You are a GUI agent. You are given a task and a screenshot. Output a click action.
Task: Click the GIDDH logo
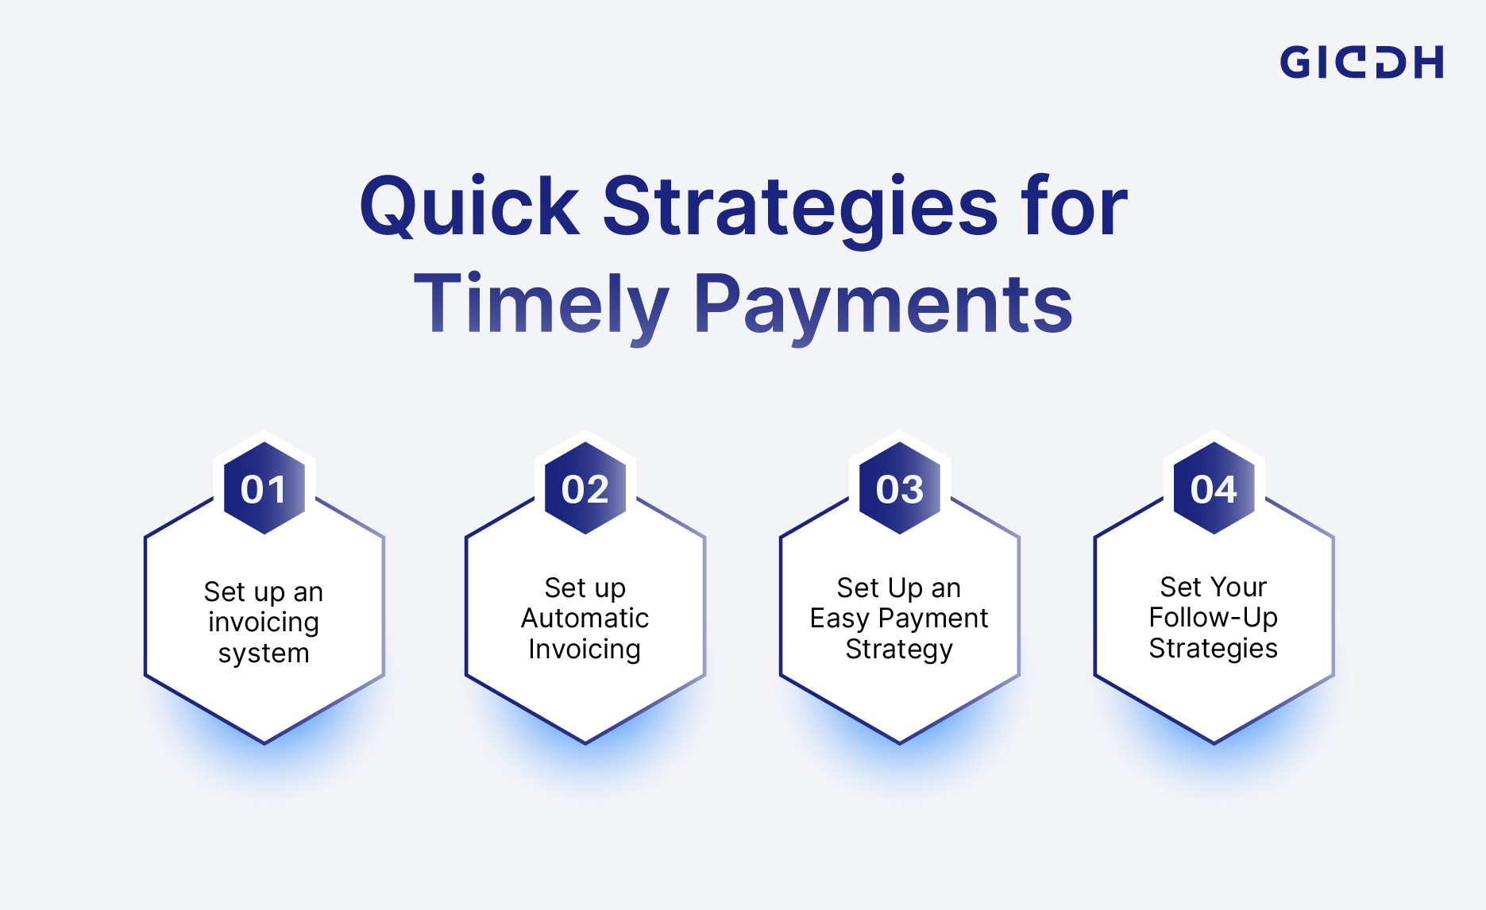1361,62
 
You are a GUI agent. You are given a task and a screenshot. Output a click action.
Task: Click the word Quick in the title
469,207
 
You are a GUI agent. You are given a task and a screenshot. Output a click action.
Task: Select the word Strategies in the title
800,207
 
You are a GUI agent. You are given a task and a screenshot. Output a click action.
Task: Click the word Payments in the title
883,304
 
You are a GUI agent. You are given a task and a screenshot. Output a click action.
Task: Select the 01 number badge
264,489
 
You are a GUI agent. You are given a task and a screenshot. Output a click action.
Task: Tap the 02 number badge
585,489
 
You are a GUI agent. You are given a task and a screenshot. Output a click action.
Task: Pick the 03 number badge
900,489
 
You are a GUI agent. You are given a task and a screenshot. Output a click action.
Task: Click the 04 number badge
1214,489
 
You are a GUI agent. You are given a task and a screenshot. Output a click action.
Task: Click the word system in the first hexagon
264,653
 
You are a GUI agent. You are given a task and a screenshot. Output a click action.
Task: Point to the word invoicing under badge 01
264,622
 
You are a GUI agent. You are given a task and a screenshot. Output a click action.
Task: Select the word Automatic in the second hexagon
585,618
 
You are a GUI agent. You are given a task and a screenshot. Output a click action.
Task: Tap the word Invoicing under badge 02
585,649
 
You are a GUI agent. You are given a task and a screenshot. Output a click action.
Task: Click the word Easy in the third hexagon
839,618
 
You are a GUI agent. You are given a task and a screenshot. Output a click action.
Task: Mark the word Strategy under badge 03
899,649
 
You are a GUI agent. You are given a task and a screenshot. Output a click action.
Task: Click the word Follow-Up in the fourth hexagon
1213,617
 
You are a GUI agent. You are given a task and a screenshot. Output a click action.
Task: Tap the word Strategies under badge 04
1213,648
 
